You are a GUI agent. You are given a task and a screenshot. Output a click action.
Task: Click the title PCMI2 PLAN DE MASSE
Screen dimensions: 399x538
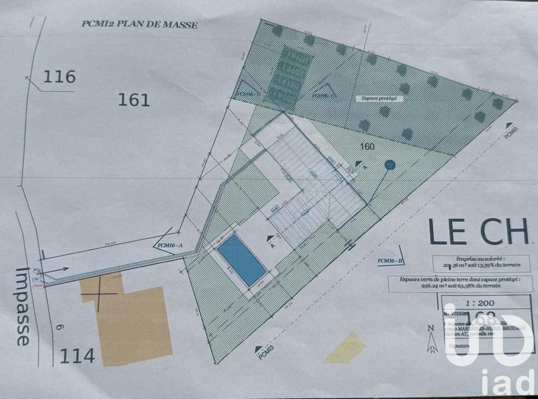click(139, 25)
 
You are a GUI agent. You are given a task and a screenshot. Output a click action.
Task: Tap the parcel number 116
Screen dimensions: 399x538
click(59, 77)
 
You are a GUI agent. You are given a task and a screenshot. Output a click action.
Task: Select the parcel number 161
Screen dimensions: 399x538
click(134, 100)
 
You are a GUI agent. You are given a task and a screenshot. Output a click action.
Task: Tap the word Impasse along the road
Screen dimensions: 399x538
click(23, 306)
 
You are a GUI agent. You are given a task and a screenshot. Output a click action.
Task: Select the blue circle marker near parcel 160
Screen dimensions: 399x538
click(389, 164)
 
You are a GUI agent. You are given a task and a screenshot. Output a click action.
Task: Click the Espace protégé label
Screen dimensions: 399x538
click(379, 98)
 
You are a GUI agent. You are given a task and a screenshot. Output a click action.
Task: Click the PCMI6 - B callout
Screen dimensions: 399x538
click(390, 260)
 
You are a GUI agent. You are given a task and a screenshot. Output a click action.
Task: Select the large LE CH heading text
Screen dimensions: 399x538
click(480, 232)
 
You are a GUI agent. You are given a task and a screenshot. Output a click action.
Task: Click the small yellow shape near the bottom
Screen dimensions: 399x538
click(344, 348)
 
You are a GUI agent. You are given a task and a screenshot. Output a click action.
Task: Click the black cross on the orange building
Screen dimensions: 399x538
click(100, 294)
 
